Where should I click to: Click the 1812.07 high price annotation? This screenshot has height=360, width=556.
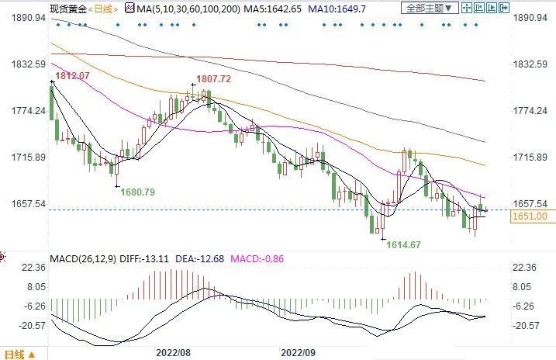(x=68, y=75)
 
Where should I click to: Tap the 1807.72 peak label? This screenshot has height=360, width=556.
(x=215, y=79)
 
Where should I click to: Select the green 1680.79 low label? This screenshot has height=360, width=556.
(x=138, y=192)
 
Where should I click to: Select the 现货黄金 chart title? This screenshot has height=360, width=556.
(x=67, y=9)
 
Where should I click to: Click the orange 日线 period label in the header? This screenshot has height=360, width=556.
(x=102, y=9)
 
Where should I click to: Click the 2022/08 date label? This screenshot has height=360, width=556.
(x=174, y=351)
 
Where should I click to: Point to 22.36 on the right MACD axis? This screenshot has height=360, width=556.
(x=527, y=268)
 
